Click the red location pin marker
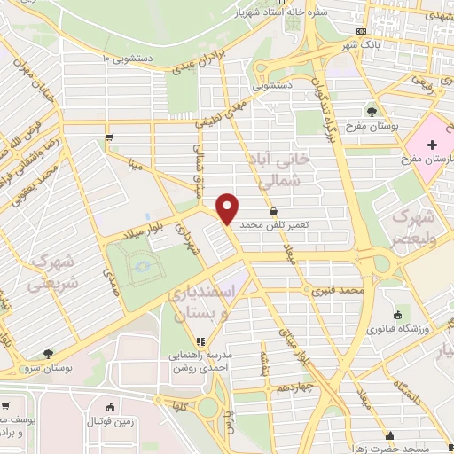(x=228, y=208)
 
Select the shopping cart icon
(x=108, y=137)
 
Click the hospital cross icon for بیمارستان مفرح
(x=431, y=144)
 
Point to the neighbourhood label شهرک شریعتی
(x=46, y=272)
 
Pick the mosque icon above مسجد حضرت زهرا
(x=391, y=435)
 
